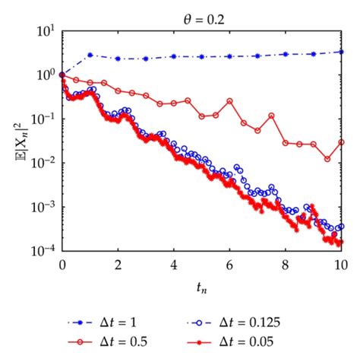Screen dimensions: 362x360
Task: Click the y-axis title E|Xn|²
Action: [x=17, y=141]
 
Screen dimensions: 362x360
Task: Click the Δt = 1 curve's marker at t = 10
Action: [x=342, y=52]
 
